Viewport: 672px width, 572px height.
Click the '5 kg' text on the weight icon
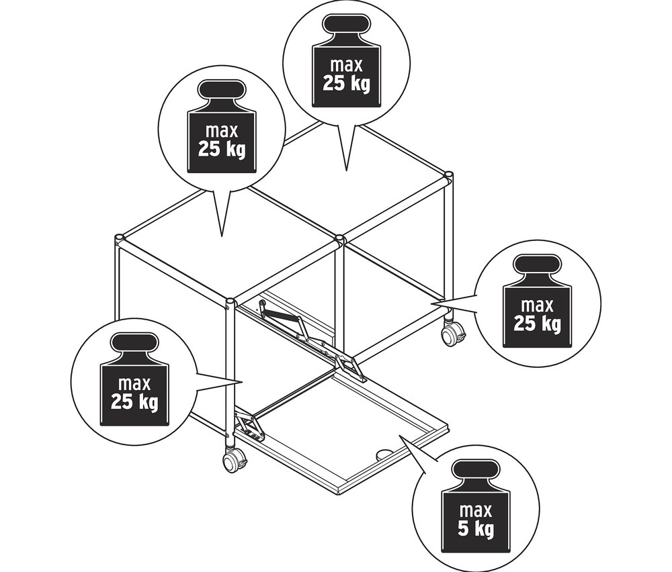click(x=476, y=529)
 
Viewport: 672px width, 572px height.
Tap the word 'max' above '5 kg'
click(x=476, y=511)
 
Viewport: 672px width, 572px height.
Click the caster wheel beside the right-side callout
click(x=452, y=333)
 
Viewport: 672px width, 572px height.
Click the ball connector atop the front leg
click(x=230, y=303)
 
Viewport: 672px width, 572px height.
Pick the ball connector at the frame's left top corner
click(x=120, y=238)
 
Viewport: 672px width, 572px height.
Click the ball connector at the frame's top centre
click(x=340, y=238)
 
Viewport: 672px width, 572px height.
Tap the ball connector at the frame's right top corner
click(x=448, y=175)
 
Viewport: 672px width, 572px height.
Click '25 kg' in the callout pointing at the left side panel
click(x=134, y=402)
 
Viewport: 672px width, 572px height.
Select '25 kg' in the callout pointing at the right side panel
click(x=537, y=324)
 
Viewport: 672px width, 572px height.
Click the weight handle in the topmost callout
click(x=346, y=24)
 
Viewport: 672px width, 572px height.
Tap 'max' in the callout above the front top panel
click(x=222, y=131)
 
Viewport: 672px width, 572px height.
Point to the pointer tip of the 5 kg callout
click(x=399, y=436)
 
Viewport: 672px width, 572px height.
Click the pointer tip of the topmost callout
click(x=346, y=171)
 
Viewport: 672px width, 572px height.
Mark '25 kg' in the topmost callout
click(x=346, y=83)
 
